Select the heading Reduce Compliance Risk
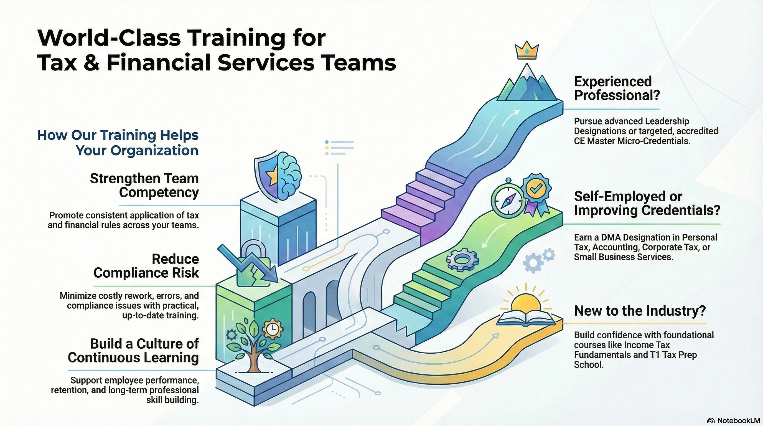pos(146,266)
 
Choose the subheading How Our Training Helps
pos(118,135)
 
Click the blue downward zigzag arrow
pos(249,264)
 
